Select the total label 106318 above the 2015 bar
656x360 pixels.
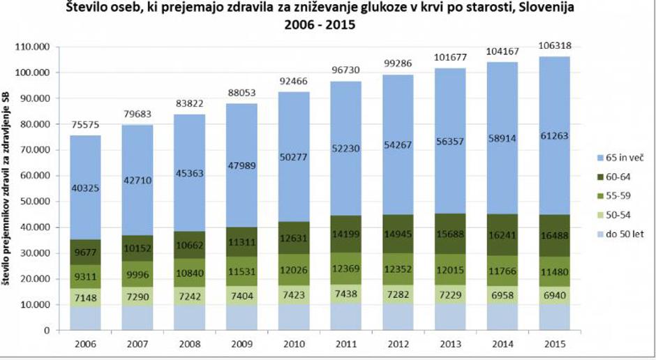coord(557,45)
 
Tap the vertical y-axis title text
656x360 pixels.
coord(9,188)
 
